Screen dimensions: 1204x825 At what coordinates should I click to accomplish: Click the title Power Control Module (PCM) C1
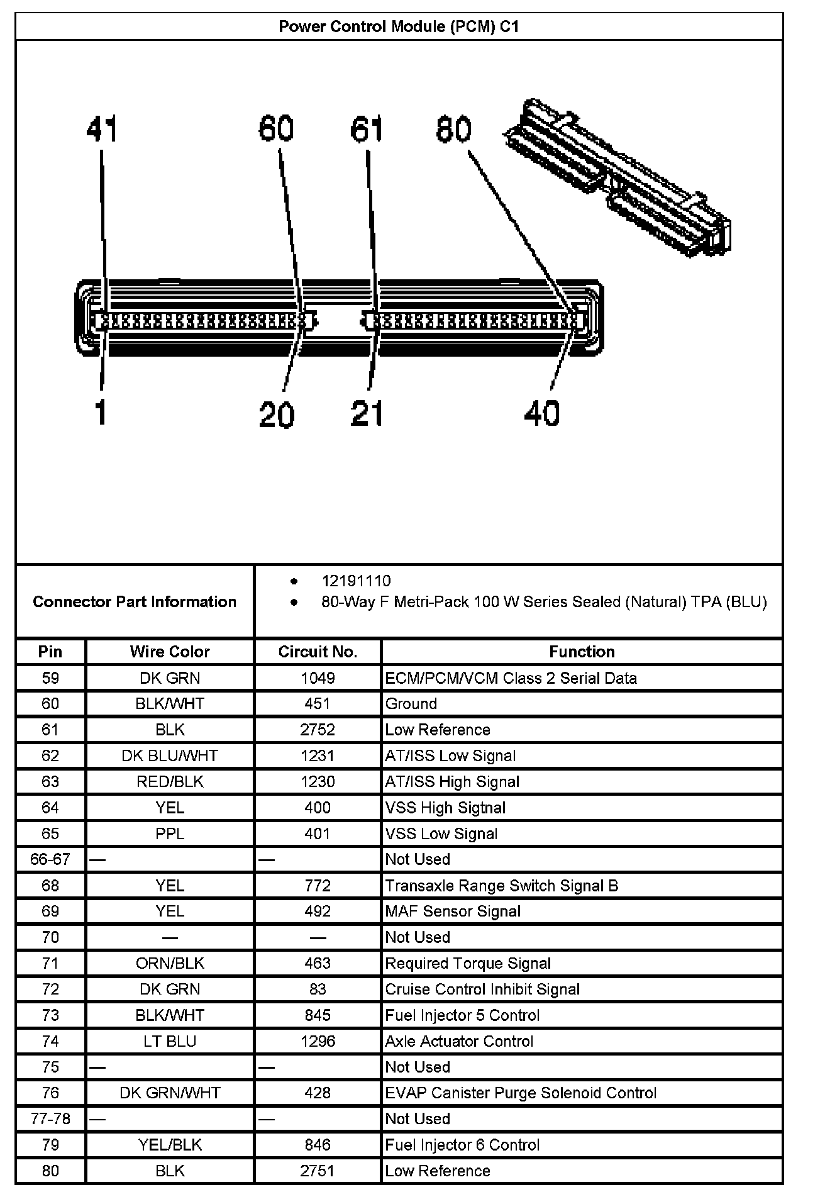399,26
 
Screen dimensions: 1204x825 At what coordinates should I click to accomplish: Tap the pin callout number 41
102,129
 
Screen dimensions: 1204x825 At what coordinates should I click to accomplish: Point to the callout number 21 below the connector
367,414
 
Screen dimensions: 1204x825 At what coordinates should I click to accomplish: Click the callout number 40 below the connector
541,414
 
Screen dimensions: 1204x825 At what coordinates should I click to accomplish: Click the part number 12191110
356,581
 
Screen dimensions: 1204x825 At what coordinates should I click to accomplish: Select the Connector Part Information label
135,602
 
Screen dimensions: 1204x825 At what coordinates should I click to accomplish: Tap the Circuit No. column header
318,652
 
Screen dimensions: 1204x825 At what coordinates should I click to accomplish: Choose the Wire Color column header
170,652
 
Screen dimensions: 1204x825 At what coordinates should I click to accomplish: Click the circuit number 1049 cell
318,678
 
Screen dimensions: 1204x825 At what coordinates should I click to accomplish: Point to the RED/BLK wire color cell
170,782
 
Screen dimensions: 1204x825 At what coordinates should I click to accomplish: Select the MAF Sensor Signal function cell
453,911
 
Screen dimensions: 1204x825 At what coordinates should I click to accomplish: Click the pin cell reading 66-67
50,859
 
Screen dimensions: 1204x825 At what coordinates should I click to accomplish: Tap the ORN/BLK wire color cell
170,964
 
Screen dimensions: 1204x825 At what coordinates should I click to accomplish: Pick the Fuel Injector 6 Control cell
462,1145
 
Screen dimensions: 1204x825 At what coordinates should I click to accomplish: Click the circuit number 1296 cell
318,1041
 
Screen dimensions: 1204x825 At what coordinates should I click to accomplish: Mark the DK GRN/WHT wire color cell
170,1093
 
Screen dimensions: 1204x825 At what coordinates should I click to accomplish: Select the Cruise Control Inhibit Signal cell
482,989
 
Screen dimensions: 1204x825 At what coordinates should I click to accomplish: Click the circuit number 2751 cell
318,1171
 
